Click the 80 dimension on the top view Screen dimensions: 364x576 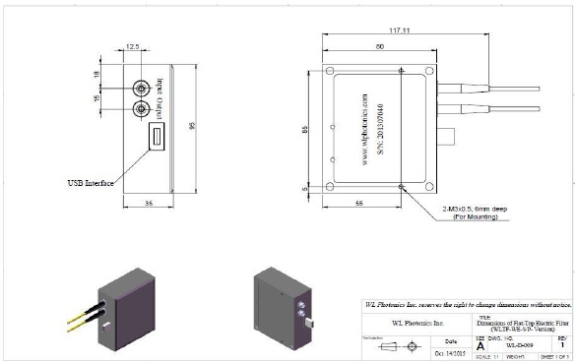point(379,46)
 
